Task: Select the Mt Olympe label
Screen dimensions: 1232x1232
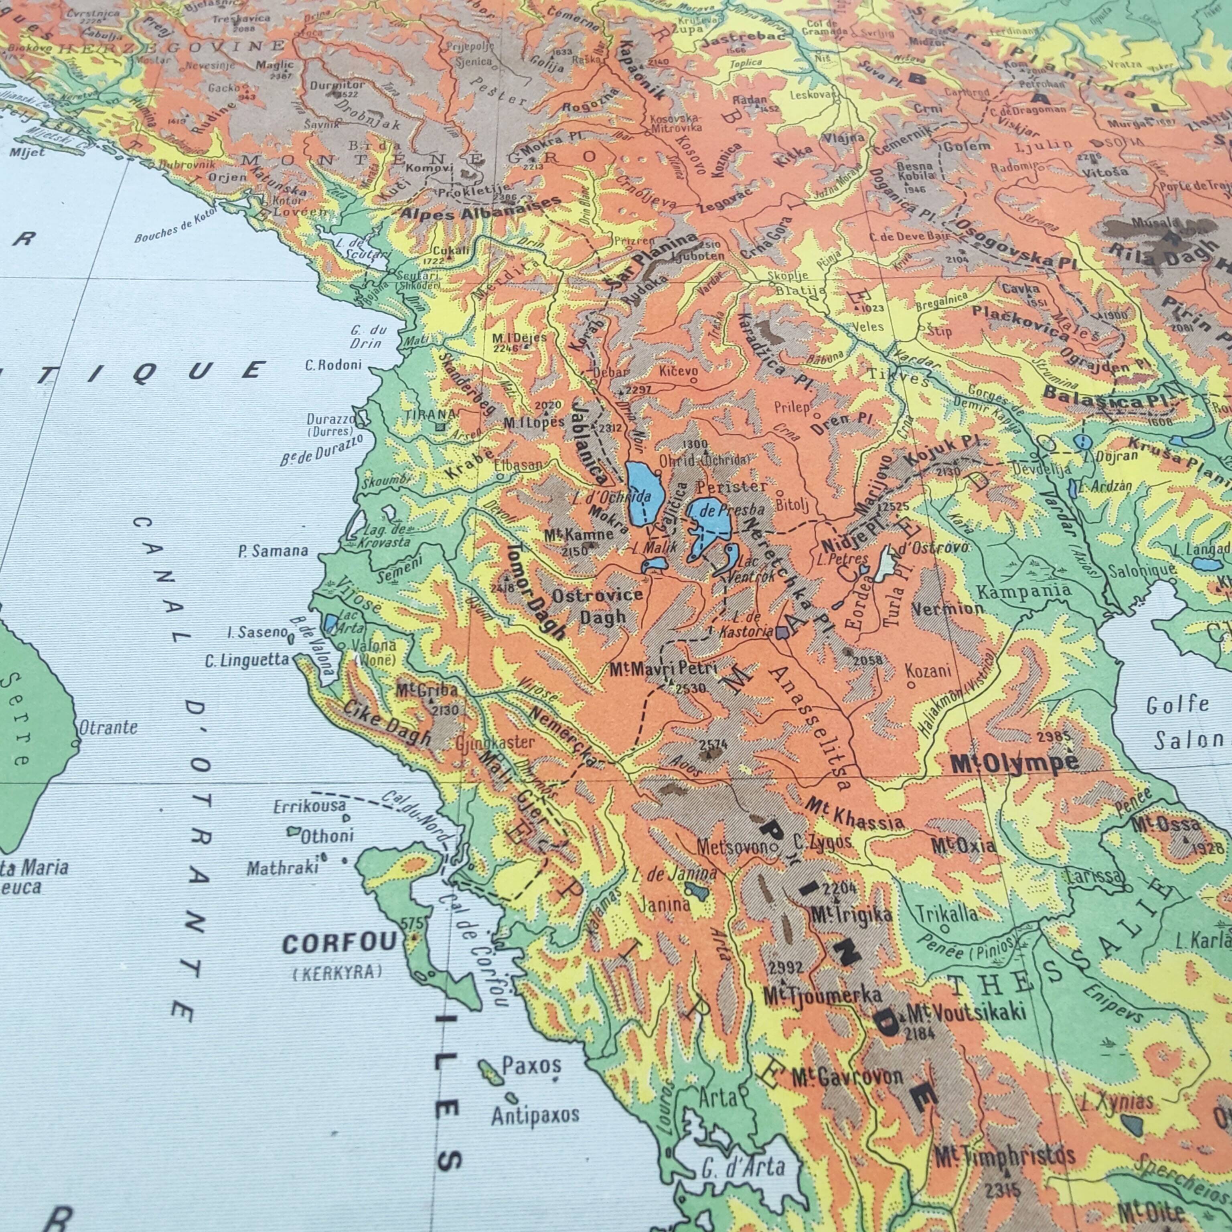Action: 1014,763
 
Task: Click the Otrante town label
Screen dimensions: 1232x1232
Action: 108,727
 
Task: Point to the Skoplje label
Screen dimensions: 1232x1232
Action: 788,276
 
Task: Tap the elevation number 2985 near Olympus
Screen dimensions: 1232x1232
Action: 1055,737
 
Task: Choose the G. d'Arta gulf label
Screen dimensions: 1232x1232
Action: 743,1167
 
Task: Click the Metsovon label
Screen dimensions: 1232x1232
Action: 734,847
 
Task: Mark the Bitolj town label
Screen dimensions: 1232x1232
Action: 792,505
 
